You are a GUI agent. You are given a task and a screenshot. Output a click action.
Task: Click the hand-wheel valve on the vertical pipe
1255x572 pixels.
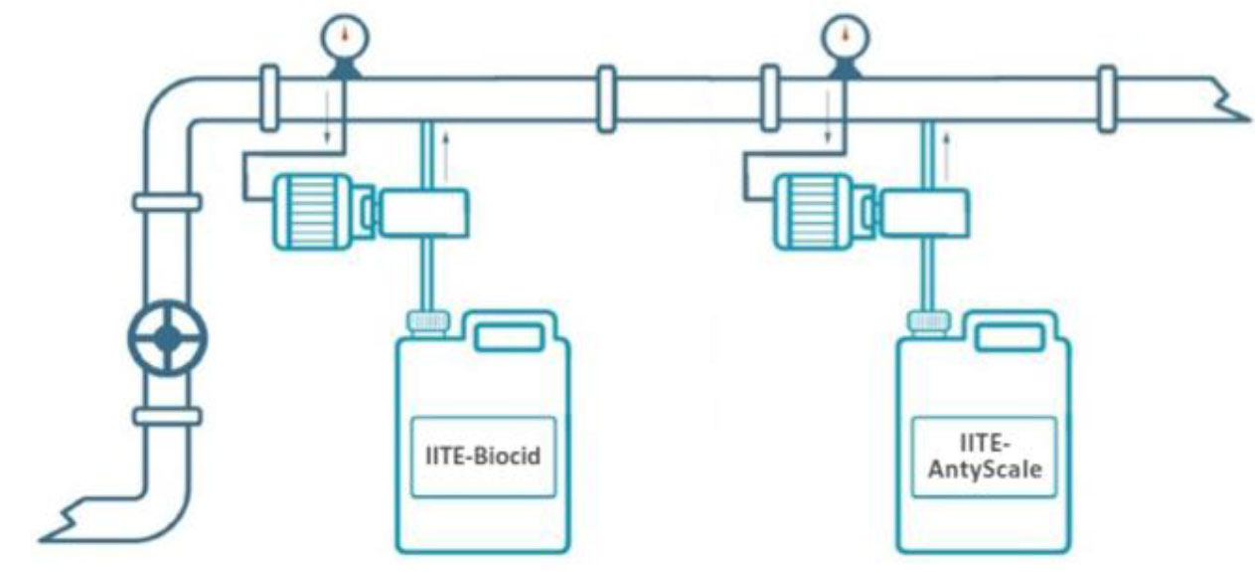tap(167, 337)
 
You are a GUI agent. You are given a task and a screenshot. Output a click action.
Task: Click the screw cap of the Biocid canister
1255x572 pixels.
tap(428, 323)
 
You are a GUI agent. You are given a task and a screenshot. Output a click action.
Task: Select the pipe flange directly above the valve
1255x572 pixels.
tap(167, 202)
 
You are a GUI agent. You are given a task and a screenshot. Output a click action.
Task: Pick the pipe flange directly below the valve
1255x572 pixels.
tap(167, 415)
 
